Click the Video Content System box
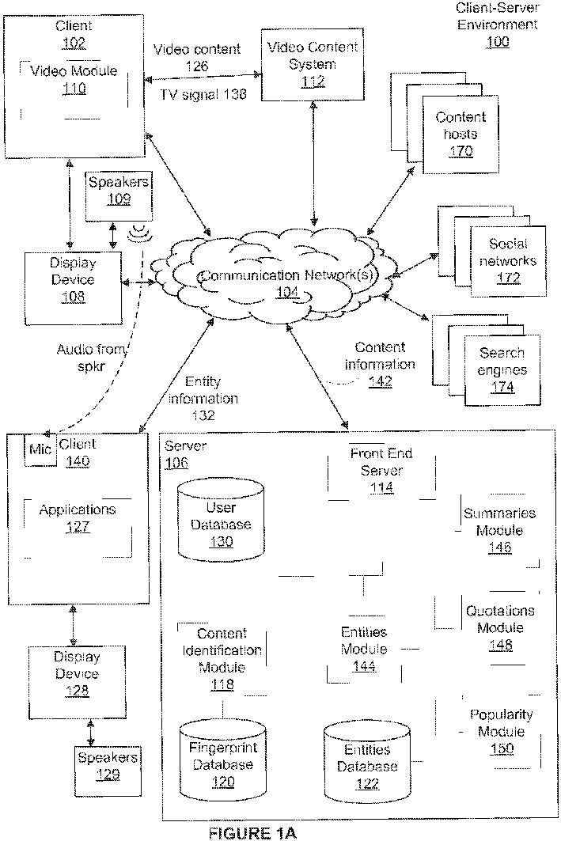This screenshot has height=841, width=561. point(312,65)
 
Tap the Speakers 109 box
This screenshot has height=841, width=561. point(119,196)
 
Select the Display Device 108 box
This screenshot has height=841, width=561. point(73,289)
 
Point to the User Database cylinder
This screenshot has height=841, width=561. point(221,520)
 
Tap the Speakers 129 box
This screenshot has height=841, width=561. point(108,771)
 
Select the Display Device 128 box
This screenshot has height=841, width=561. point(78,682)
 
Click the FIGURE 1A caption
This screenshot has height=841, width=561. point(252,832)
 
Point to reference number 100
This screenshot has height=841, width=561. point(498,41)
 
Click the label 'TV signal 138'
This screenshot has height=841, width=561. point(203,94)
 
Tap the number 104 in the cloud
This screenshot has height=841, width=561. point(287,292)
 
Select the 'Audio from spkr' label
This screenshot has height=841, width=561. point(92,358)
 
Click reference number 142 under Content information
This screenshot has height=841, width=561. point(381,381)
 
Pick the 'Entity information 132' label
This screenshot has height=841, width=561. point(203,398)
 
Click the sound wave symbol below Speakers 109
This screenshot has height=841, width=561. point(139,233)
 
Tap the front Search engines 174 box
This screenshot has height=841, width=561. point(502,370)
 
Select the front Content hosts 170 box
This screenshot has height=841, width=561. point(461,134)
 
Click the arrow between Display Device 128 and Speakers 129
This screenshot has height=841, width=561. point(91,732)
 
